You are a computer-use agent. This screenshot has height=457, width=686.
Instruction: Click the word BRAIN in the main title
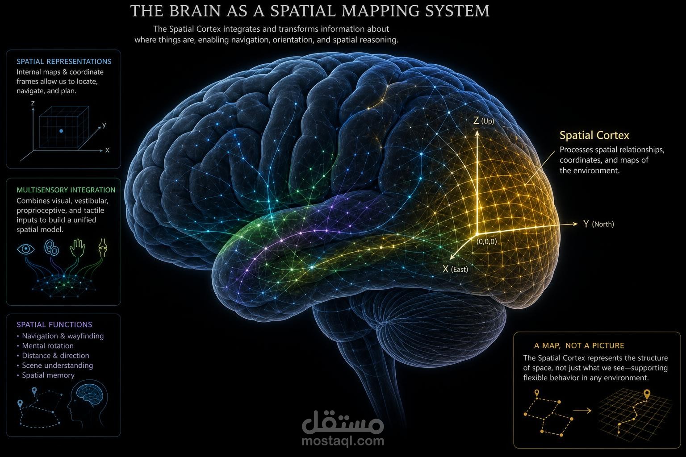(194, 11)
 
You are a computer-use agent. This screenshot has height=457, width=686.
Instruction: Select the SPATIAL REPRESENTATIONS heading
(64, 62)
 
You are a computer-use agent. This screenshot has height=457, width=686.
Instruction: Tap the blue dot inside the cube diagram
(61, 131)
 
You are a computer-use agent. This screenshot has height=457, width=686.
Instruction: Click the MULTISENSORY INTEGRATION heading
(66, 190)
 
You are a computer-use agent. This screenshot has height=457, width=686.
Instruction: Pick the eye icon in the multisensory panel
(26, 249)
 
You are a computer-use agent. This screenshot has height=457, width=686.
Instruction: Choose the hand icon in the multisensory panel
(77, 248)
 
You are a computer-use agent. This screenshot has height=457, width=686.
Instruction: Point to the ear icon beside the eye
(52, 248)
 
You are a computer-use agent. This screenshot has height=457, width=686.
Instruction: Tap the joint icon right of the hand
(103, 248)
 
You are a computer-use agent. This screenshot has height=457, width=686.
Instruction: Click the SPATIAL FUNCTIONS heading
(54, 324)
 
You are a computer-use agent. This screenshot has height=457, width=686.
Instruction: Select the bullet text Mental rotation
(48, 345)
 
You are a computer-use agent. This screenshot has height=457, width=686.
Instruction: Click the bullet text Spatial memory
(48, 375)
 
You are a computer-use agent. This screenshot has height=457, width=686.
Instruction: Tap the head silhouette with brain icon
(88, 402)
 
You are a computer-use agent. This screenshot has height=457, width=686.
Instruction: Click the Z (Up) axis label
(484, 120)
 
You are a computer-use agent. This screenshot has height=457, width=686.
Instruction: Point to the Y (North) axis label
(598, 224)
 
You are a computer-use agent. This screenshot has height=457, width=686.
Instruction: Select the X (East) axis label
(456, 270)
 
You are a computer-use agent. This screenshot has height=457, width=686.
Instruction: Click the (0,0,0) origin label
(487, 241)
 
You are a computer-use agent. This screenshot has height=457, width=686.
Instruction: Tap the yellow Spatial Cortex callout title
(594, 135)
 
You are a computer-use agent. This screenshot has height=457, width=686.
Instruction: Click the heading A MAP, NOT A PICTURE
(579, 345)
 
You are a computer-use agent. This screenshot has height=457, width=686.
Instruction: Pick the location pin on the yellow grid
(647, 394)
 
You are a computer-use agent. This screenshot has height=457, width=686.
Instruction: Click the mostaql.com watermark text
(343, 441)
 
